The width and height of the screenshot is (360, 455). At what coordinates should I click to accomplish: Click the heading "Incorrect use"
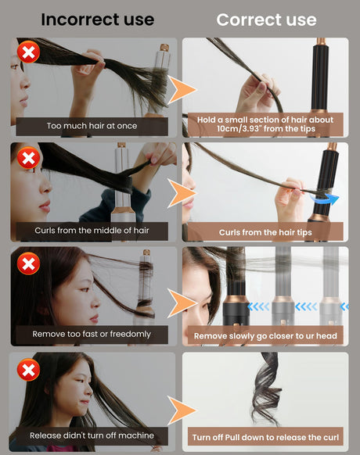pyautogui.click(x=97, y=20)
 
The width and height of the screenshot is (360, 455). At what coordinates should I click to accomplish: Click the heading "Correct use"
pyautogui.click(x=266, y=20)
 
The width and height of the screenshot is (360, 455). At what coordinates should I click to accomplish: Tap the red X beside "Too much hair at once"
pyautogui.click(x=28, y=52)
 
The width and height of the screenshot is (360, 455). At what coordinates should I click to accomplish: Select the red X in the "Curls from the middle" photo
pyautogui.click(x=28, y=158)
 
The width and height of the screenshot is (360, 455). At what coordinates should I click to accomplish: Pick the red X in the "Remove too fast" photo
pyautogui.click(x=28, y=263)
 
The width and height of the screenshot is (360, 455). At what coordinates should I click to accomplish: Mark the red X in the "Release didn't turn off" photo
pyautogui.click(x=28, y=370)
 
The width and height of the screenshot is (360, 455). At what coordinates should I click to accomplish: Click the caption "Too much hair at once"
pyautogui.click(x=92, y=126)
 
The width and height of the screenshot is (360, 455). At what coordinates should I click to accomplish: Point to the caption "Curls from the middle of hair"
pyautogui.click(x=92, y=231)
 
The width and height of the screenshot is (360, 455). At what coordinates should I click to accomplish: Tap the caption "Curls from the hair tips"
pyautogui.click(x=265, y=232)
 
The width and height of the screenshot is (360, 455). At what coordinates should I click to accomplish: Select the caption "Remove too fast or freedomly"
pyautogui.click(x=92, y=335)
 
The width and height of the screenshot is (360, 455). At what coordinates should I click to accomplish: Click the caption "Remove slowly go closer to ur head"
pyautogui.click(x=265, y=336)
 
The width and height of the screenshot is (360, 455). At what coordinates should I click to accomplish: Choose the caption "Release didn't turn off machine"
pyautogui.click(x=92, y=435)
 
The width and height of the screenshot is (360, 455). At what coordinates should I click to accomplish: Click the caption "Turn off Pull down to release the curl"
pyautogui.click(x=265, y=437)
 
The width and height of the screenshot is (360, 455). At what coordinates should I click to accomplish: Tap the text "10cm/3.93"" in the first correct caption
pyautogui.click(x=238, y=128)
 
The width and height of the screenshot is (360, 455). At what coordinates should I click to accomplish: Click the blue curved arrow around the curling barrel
pyautogui.click(x=326, y=200)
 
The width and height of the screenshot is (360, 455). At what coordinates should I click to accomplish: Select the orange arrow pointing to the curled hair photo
pyautogui.click(x=182, y=410)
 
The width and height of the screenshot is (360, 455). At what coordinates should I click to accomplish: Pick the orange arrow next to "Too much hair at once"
pyautogui.click(x=182, y=89)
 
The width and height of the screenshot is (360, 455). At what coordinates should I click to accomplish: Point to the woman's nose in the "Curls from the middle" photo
pyautogui.click(x=45, y=187)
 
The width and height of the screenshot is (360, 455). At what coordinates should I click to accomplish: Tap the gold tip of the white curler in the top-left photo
pyautogui.click(x=164, y=48)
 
